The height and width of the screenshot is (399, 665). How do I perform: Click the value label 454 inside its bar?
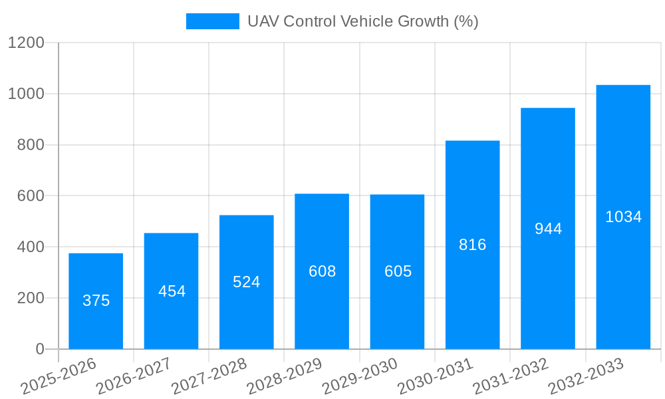point(172,291)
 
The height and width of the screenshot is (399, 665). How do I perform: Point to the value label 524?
point(246,282)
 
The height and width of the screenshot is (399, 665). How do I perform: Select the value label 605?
point(398,271)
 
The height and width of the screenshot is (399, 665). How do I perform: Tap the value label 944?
point(548,229)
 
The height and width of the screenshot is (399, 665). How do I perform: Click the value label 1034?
point(623,217)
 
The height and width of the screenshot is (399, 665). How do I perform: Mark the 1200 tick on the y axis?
point(26,43)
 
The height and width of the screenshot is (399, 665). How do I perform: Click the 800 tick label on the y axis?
point(31,145)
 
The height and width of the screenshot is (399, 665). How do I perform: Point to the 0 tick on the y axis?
point(39,349)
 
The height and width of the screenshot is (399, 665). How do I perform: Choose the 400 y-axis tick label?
point(31,247)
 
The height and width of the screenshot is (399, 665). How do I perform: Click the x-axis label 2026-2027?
point(134,376)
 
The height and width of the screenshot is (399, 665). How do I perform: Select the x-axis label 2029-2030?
point(360,376)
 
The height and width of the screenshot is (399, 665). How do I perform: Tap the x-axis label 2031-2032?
point(511,376)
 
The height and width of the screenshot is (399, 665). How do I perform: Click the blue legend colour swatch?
point(212,21)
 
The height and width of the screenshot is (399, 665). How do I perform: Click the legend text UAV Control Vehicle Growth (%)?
point(362,21)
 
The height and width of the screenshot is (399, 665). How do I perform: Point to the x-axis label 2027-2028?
point(209,376)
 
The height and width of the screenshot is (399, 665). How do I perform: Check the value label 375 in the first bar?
point(96,301)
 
